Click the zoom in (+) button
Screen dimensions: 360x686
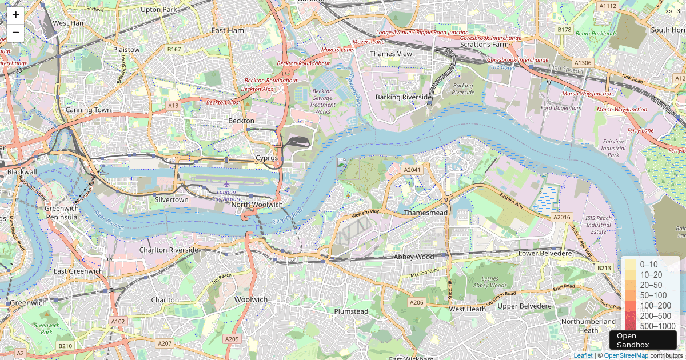click(x=15, y=15)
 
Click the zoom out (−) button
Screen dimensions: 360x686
click(x=15, y=32)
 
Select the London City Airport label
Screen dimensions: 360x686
click(x=226, y=195)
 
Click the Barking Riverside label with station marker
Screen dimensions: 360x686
click(x=404, y=97)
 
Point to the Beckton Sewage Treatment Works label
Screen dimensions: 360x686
click(x=322, y=101)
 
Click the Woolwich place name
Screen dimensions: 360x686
click(x=250, y=299)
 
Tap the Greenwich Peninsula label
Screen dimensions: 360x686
click(x=61, y=213)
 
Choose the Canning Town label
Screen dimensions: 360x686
click(x=88, y=110)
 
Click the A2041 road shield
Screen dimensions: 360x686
click(x=412, y=170)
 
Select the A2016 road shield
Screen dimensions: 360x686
click(x=562, y=217)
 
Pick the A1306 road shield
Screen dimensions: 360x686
click(x=583, y=62)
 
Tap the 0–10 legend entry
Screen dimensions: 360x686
click(x=648, y=265)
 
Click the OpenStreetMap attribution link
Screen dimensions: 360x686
click(x=626, y=355)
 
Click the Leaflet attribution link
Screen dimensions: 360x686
click(x=583, y=355)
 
